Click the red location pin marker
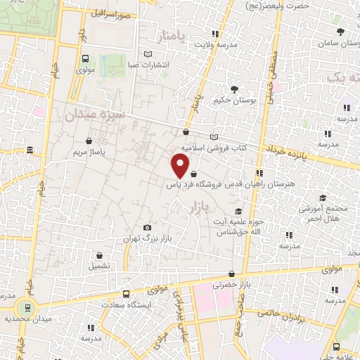181,166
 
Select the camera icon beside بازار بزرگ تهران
147,228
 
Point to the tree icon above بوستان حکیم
233,89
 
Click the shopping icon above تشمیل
99,255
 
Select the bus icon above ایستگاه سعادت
126,294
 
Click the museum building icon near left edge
29,150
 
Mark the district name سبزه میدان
94,115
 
